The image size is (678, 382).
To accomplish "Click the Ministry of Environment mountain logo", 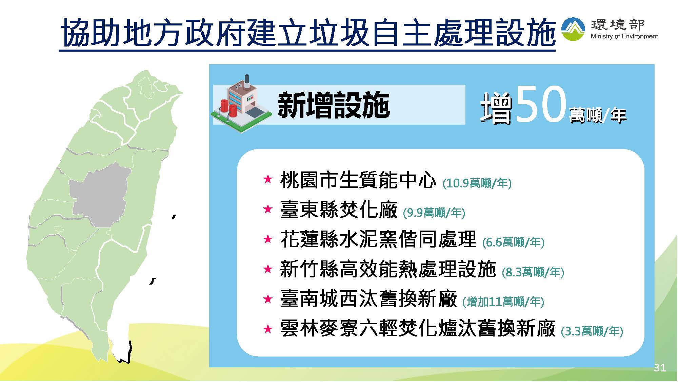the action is [573, 29].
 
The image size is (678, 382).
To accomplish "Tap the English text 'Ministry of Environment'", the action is [624, 36].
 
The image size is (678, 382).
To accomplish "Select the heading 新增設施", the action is [334, 105].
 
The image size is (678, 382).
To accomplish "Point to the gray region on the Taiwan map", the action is [100, 195].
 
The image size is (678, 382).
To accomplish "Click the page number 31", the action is [660, 368].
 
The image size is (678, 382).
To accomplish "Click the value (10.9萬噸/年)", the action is [477, 183].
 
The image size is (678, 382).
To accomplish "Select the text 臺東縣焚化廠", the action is [339, 209].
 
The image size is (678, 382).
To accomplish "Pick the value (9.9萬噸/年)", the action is [434, 213].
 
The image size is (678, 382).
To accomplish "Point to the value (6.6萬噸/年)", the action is [513, 242].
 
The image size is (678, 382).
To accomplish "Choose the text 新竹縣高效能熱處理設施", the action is [388, 269].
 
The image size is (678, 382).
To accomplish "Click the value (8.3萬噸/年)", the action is [533, 272].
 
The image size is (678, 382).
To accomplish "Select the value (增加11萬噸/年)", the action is [503, 302].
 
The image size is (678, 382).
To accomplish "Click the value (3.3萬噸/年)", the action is [592, 331].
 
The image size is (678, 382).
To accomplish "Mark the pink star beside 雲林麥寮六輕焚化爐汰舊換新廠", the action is [268, 329].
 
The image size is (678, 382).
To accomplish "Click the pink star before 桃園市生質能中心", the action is [268, 179].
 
